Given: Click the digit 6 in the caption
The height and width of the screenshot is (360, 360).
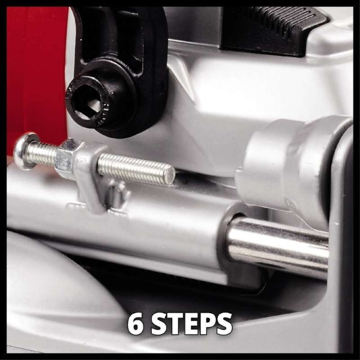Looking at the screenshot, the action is pos(136,324).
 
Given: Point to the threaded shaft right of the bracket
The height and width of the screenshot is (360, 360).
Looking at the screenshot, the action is pos(136,168).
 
